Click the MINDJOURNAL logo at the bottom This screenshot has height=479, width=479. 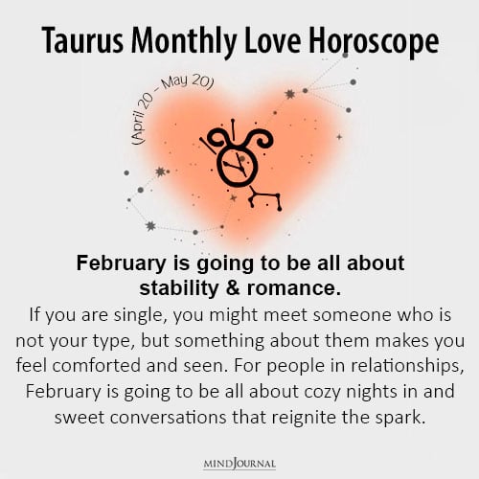[239, 464]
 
